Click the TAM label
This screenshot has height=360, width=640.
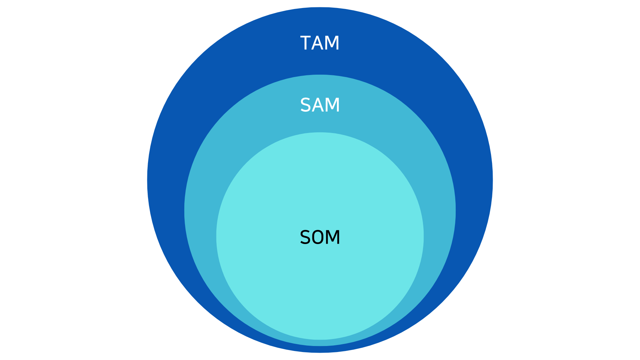pos(320,43)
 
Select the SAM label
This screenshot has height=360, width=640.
pos(320,105)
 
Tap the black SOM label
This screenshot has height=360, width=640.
pos(320,237)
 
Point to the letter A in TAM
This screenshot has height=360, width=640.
pos(318,43)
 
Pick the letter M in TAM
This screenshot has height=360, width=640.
pos(333,43)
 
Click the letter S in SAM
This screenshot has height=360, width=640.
pos(305,105)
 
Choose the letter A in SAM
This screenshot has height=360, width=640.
pos(318,105)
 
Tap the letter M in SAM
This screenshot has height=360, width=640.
pos(333,105)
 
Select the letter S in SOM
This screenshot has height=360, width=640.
pos(305,237)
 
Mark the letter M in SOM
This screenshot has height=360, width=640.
pos(333,237)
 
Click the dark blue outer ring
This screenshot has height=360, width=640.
pos(200,100)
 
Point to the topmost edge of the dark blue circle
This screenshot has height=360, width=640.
pos(320,8)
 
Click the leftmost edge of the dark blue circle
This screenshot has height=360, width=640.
pos(148,180)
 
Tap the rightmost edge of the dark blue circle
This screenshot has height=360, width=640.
pos(492,180)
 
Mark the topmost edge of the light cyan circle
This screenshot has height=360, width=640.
pos(320,133)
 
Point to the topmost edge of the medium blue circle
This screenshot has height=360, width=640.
pos(320,75)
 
